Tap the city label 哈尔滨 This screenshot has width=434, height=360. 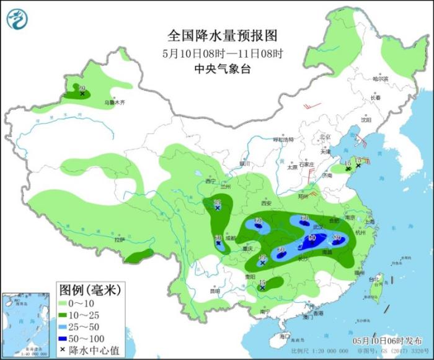click(x=380, y=79)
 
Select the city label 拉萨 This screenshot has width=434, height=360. click(x=120, y=240)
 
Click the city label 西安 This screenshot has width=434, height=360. click(x=267, y=203)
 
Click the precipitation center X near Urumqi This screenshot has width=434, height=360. click(x=82, y=94)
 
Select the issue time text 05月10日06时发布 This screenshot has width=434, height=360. click(x=378, y=341)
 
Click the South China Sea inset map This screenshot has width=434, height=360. click(x=25, y=324)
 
